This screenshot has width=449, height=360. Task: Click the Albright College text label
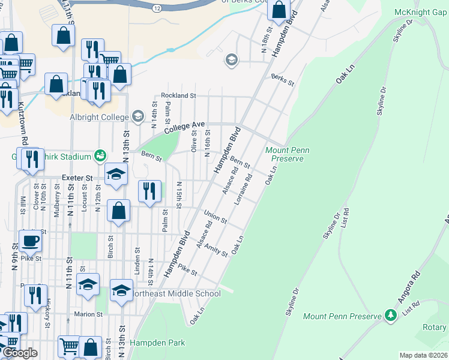99,117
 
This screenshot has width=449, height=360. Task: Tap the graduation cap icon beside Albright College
139,116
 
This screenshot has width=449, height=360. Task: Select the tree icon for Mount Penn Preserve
391,315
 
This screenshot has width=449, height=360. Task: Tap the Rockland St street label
178,95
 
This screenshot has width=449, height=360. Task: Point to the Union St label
215,217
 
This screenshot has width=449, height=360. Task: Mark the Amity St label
216,249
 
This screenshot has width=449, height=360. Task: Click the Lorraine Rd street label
243,189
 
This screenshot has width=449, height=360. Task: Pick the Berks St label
283,79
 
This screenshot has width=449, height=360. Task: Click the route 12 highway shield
156,8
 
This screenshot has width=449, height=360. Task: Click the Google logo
19,353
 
